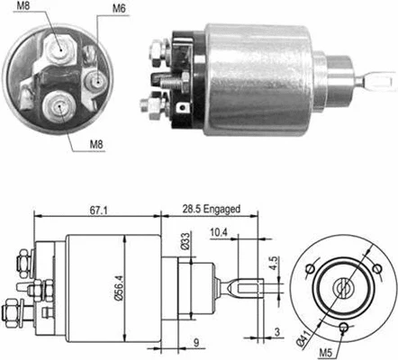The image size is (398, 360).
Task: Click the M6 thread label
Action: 119,9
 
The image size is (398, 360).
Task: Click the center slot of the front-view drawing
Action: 342,287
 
